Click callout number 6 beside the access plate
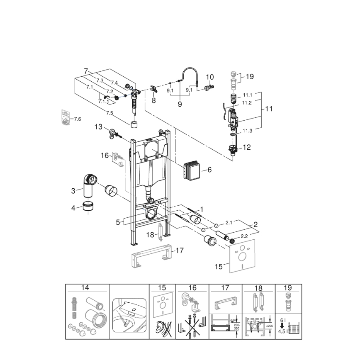pos(209,170)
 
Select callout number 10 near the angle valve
pos(210,77)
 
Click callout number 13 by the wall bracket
pos(98,126)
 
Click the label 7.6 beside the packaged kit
pos(76,119)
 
